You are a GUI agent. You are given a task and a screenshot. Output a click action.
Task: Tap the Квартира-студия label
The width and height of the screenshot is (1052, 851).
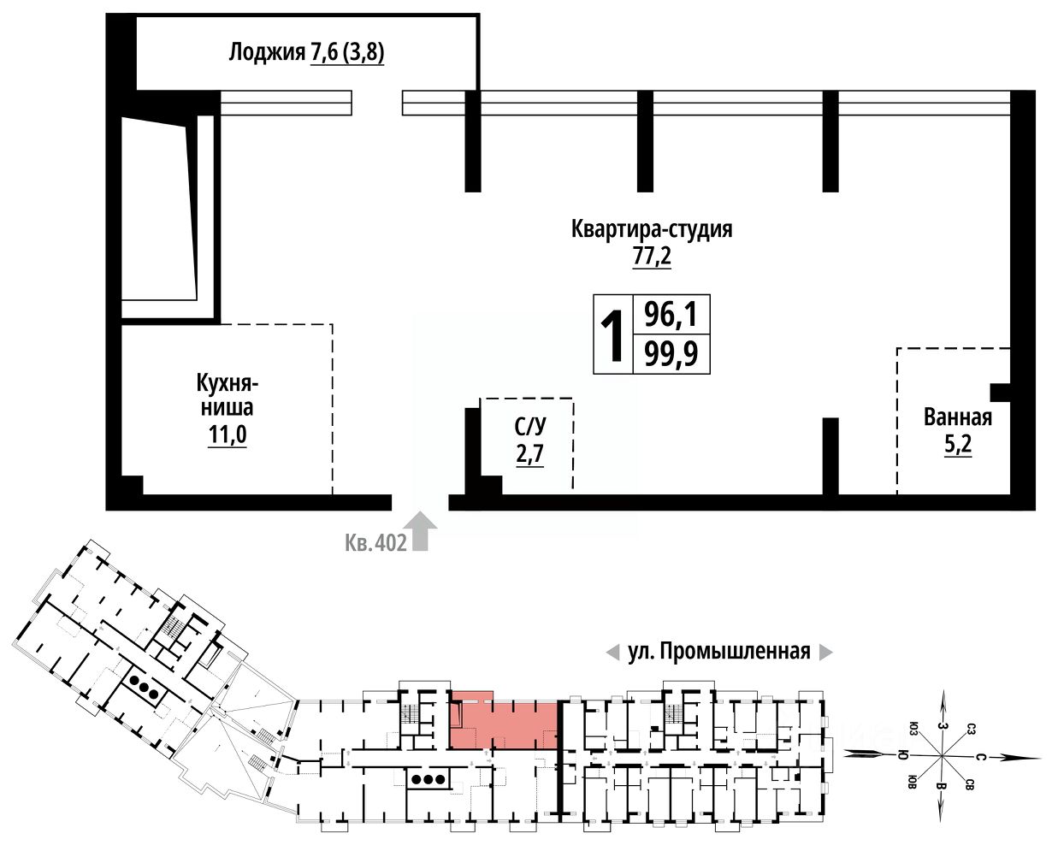[x=652, y=230]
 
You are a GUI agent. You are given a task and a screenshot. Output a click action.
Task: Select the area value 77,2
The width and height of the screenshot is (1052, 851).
[x=652, y=257]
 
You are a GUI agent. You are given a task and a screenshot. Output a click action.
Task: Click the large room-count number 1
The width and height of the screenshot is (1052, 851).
[x=612, y=336]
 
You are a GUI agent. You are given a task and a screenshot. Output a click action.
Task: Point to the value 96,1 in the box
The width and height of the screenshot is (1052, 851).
[x=671, y=316]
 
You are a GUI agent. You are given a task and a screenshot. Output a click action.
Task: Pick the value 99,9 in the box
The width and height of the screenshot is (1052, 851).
[x=671, y=354]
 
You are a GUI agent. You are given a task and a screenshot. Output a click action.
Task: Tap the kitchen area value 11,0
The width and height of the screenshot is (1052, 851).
[x=227, y=435]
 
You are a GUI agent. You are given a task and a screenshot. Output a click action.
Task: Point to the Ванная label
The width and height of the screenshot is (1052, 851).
[x=957, y=417]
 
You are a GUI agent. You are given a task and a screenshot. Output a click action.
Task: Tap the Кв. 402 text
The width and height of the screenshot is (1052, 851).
[x=375, y=543]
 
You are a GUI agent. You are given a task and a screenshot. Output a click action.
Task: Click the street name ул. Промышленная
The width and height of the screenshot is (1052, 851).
[x=718, y=653]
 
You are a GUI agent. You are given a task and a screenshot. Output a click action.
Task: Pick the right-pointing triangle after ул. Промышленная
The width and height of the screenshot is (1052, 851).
[x=825, y=653]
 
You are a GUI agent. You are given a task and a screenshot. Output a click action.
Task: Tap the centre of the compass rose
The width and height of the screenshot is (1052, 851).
[x=941, y=756]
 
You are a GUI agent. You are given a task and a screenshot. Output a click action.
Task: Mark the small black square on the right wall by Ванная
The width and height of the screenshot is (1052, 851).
[x=1000, y=393]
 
